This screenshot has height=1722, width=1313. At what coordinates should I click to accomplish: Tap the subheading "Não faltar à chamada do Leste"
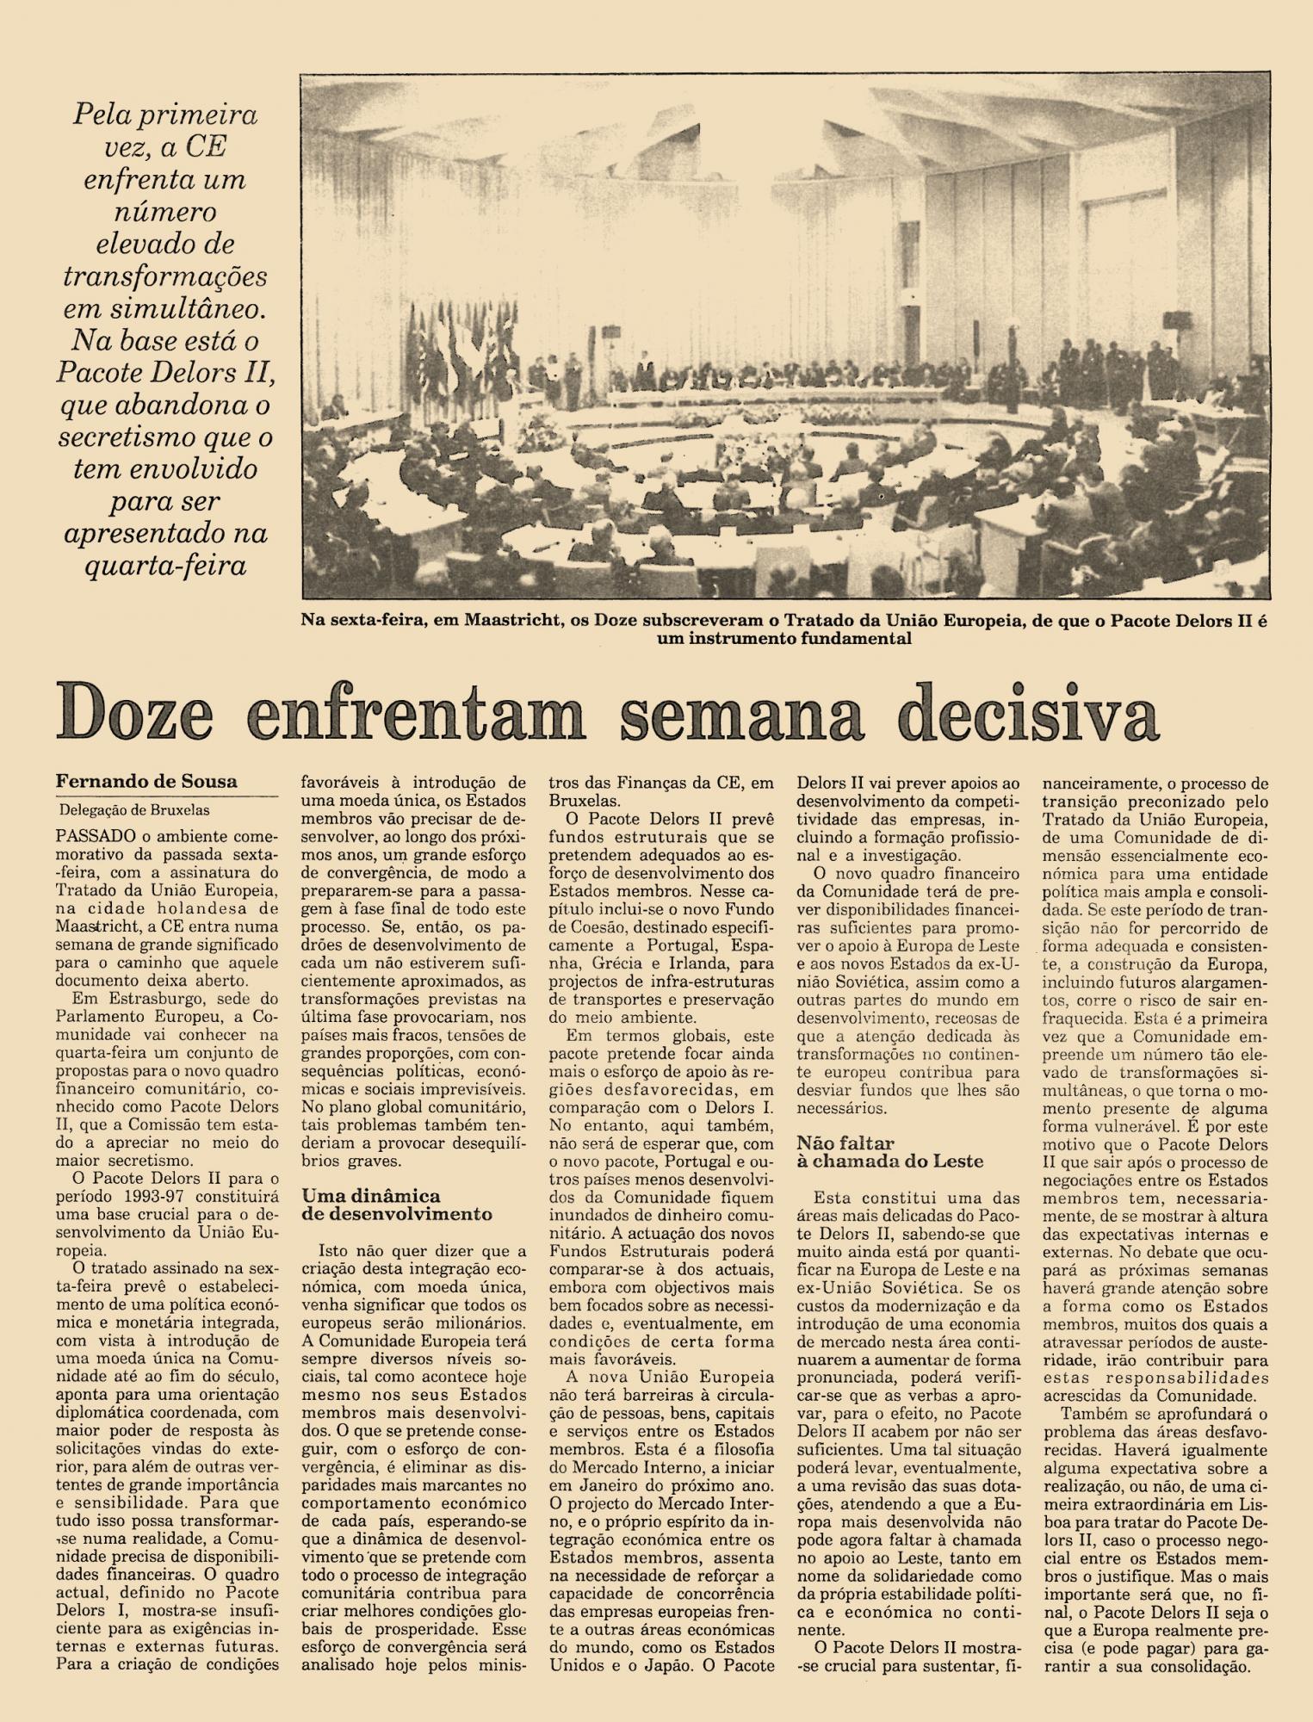tap(889, 1152)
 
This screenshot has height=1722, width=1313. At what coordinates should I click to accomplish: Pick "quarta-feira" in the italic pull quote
tap(165, 567)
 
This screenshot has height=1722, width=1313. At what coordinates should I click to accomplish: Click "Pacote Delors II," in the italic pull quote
tap(165, 375)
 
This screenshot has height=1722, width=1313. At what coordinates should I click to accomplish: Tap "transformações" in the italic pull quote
tap(165, 278)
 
